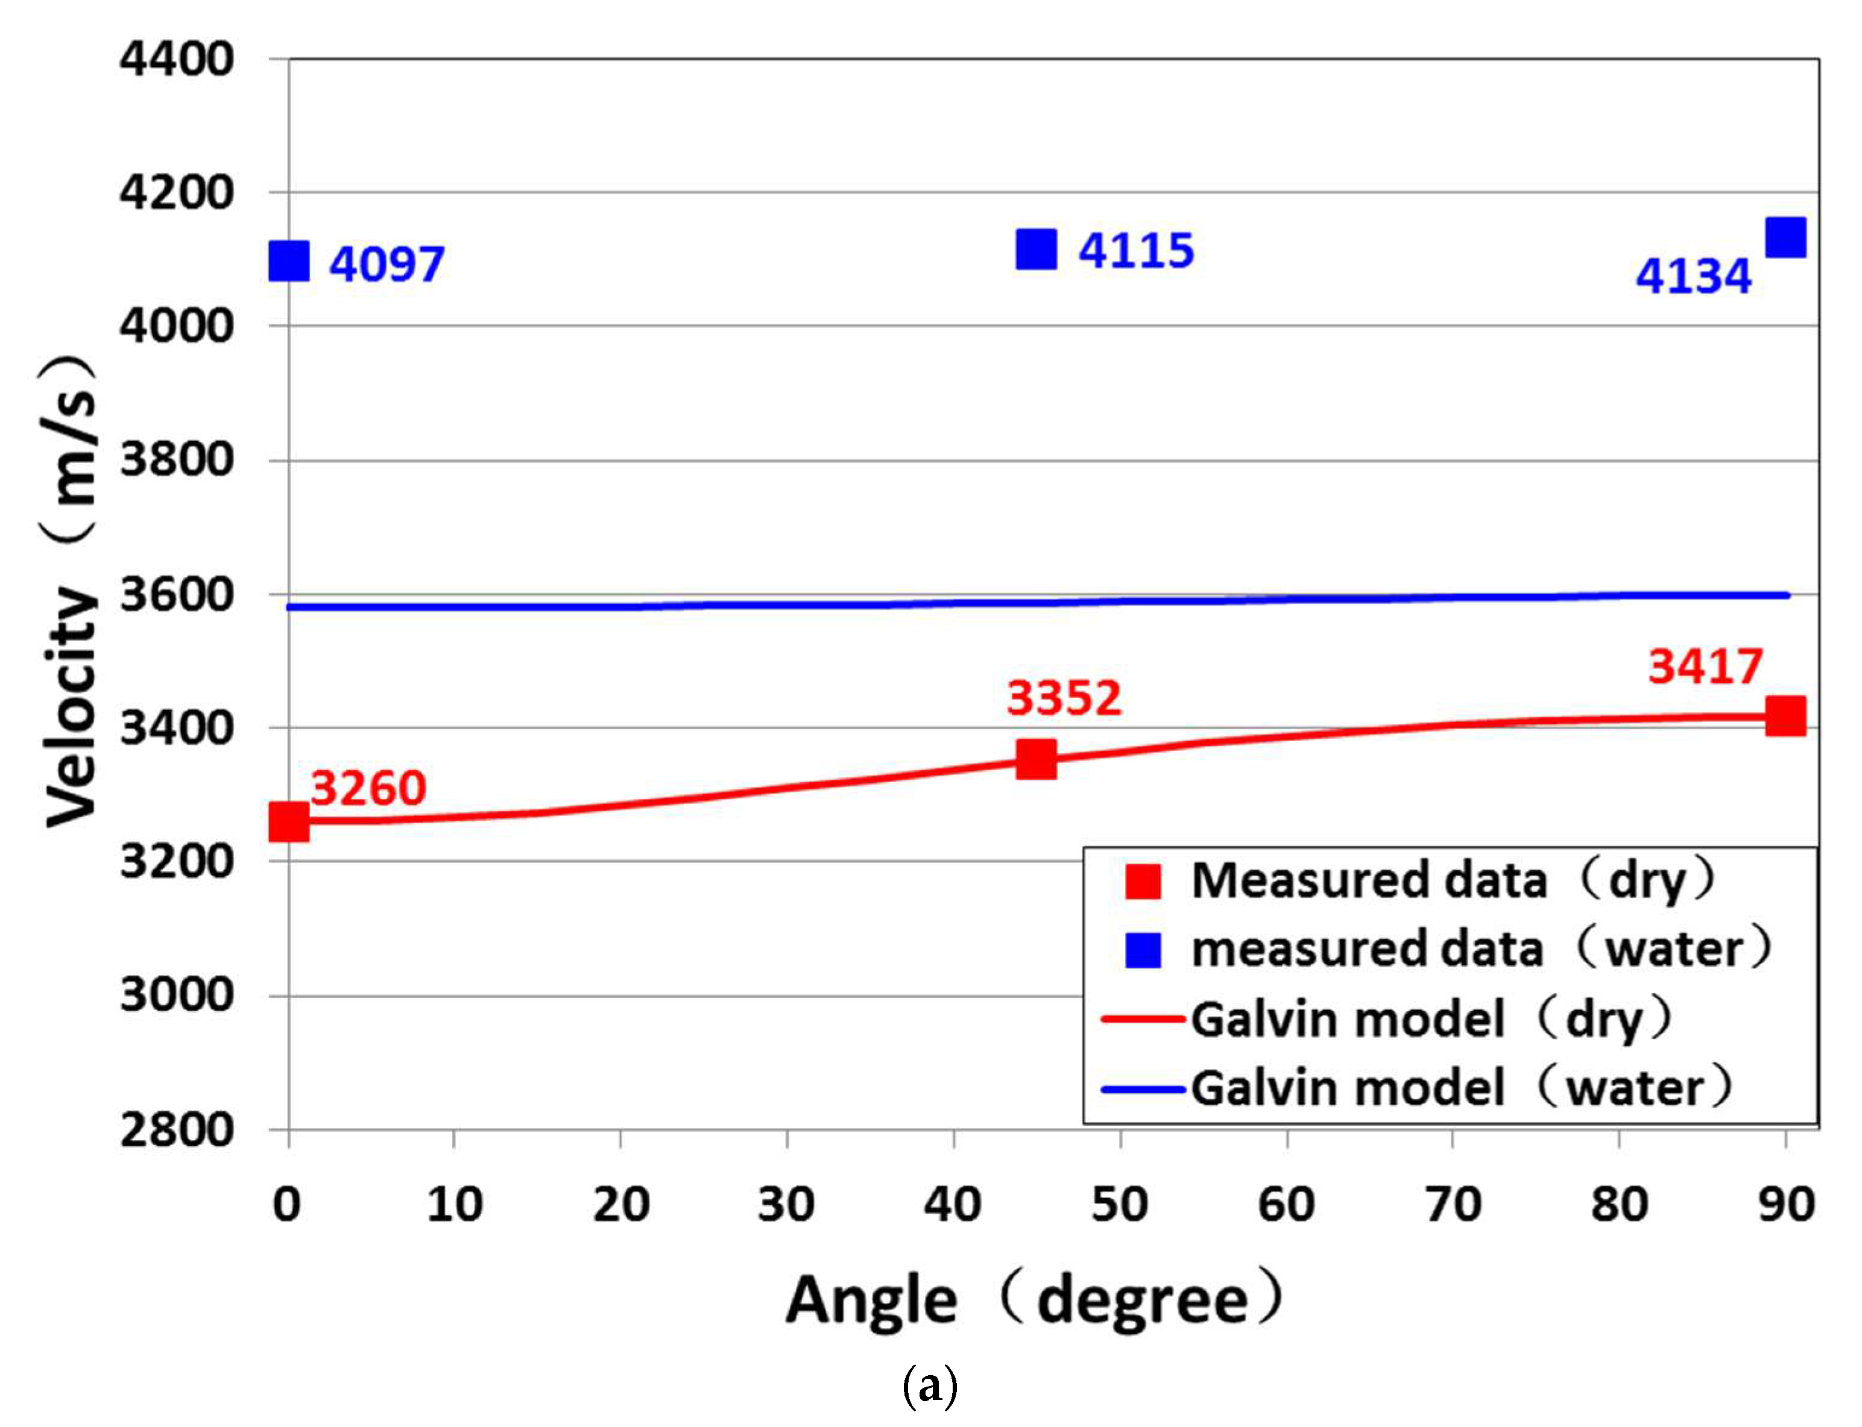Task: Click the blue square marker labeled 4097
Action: [288, 261]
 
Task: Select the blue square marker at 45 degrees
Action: [1036, 249]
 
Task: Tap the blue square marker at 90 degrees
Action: [1785, 237]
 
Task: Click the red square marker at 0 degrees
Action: [288, 821]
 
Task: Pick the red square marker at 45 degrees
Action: [1036, 759]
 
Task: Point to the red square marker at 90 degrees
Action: [1785, 716]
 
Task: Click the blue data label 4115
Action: [1135, 251]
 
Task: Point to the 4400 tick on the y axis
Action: [176, 60]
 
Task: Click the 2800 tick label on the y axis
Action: [176, 1130]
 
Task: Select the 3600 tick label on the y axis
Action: [176, 595]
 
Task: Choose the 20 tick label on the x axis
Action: [620, 1205]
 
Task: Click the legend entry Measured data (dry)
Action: [1419, 881]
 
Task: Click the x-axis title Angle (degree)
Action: [1032, 1300]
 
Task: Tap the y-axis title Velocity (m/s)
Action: [70, 591]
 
